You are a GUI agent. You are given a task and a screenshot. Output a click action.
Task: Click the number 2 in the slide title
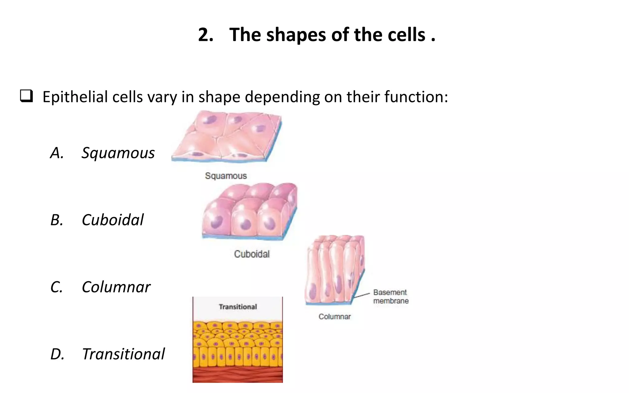[205, 35]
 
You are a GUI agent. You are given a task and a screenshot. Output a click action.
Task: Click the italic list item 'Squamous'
[118, 153]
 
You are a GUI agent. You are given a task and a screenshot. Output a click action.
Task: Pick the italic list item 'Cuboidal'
[113, 220]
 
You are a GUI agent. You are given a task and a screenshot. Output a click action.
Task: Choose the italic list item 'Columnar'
[116, 287]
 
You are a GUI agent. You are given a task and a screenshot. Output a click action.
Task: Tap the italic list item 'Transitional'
[123, 354]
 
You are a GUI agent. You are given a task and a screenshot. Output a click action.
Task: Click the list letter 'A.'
[57, 153]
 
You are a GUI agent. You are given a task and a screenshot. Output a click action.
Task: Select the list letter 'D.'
[57, 354]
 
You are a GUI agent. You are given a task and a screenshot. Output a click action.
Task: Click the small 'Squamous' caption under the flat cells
[226, 176]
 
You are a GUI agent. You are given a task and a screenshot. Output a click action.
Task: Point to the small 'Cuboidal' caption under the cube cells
[252, 254]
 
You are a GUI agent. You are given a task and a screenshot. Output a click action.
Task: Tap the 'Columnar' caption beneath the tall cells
[334, 317]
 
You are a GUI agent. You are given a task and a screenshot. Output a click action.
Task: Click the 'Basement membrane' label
[391, 297]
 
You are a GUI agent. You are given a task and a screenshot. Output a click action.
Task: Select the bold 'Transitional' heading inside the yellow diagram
[238, 307]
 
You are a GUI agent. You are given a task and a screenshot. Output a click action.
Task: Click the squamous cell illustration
[227, 137]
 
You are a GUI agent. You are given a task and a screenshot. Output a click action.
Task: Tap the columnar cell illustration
[335, 270]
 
